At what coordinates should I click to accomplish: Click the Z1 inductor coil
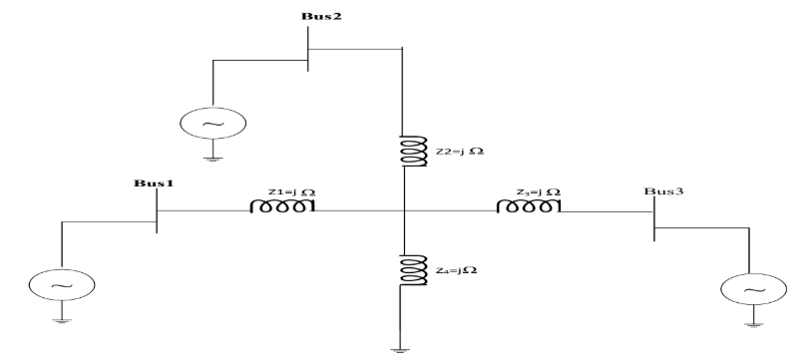284,205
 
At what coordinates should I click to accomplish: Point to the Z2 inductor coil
404,151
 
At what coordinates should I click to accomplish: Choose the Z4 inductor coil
404,268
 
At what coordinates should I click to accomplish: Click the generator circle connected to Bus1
62,285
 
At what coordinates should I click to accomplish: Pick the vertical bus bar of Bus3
654,217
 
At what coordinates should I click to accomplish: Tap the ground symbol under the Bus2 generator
210,157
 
